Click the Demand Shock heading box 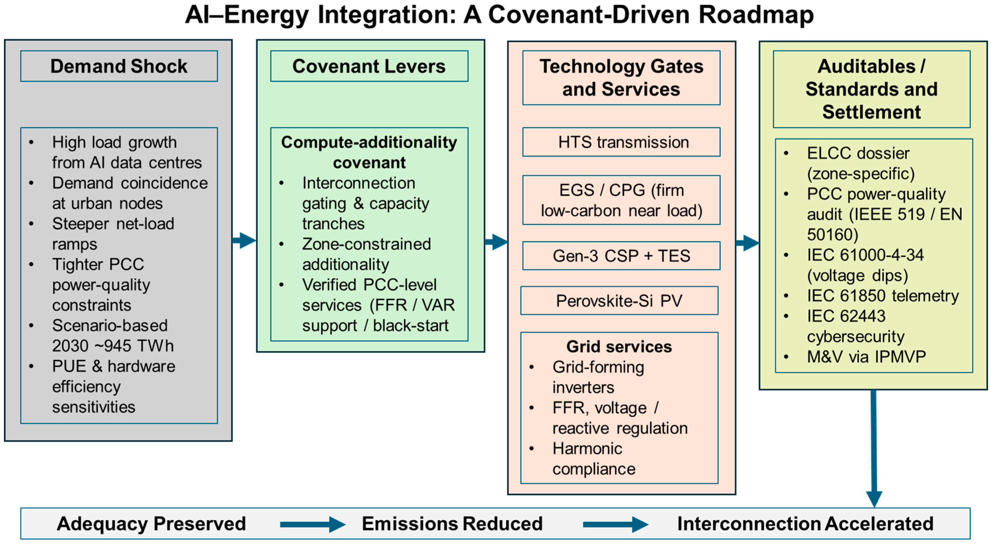[x=119, y=66]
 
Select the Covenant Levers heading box [x=369, y=66]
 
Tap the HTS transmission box [x=621, y=142]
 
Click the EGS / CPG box [x=621, y=200]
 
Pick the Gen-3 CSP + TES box [x=621, y=256]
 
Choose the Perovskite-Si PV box [x=619, y=301]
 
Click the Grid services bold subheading [x=619, y=346]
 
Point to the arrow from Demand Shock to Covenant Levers [x=245, y=240]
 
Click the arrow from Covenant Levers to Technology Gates [x=497, y=242]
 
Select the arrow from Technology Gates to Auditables [x=747, y=243]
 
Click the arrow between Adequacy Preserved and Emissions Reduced [x=312, y=524]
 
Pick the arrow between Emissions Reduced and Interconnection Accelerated [x=615, y=524]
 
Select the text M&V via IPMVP [x=866, y=356]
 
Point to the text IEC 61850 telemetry [x=883, y=296]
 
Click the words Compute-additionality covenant [x=369, y=152]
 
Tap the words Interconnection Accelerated [x=805, y=524]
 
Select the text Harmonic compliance [x=594, y=459]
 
